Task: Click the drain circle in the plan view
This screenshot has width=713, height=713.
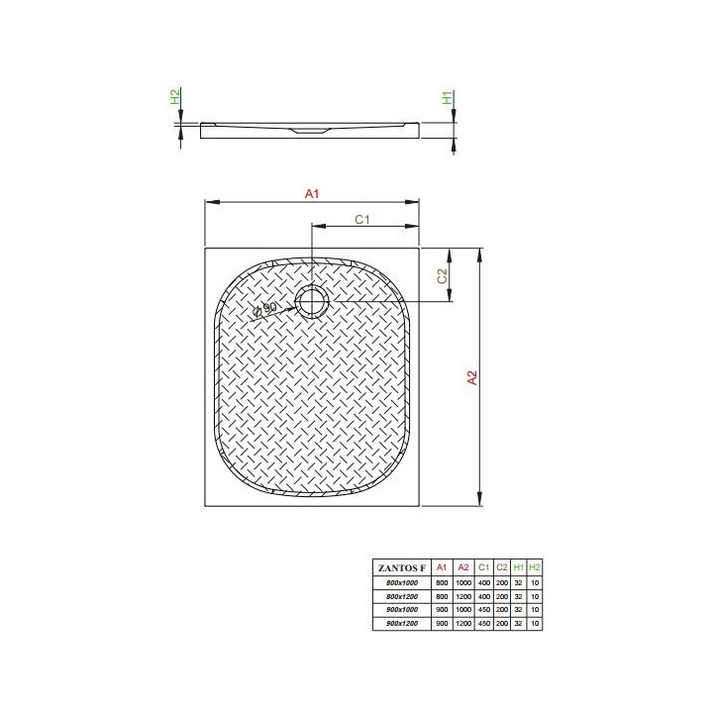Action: (x=312, y=300)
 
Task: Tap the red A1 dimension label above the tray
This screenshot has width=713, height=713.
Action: (x=311, y=195)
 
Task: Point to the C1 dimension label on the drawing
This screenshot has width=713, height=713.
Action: (x=361, y=219)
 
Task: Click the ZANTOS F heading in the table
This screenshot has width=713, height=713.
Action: (x=399, y=567)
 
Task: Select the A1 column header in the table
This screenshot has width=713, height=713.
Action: (x=443, y=567)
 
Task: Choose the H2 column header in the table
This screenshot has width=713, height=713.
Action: (x=535, y=567)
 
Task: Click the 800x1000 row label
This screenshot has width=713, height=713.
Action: (x=399, y=584)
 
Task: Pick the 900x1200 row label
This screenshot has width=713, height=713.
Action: (x=399, y=623)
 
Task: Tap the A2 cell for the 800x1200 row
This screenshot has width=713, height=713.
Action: (x=463, y=597)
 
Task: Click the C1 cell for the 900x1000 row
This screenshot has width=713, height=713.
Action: (x=483, y=610)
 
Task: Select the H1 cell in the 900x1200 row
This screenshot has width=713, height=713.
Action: (x=519, y=623)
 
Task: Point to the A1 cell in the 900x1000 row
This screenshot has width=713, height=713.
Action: (x=443, y=610)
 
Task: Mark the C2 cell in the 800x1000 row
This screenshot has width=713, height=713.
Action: (x=502, y=584)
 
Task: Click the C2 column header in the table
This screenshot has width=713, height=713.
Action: (x=502, y=567)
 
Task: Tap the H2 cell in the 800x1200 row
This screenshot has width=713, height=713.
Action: (x=535, y=597)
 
